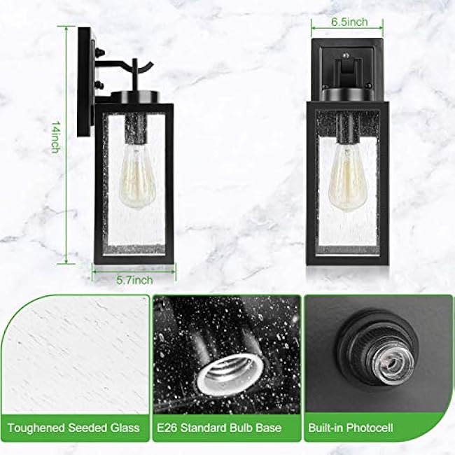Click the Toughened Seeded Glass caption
74,427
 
